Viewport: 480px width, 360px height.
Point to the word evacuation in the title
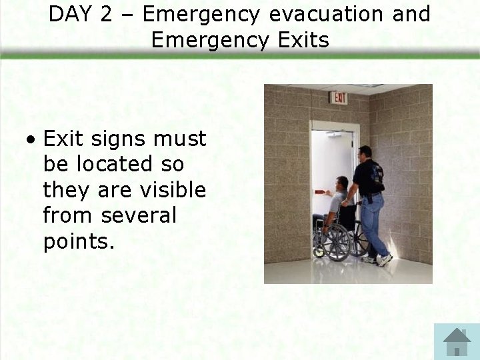tap(323, 14)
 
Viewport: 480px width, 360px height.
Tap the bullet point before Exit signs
tap(31, 141)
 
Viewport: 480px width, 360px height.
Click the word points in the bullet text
tap(79, 242)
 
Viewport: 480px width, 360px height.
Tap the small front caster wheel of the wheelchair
tap(319, 251)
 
